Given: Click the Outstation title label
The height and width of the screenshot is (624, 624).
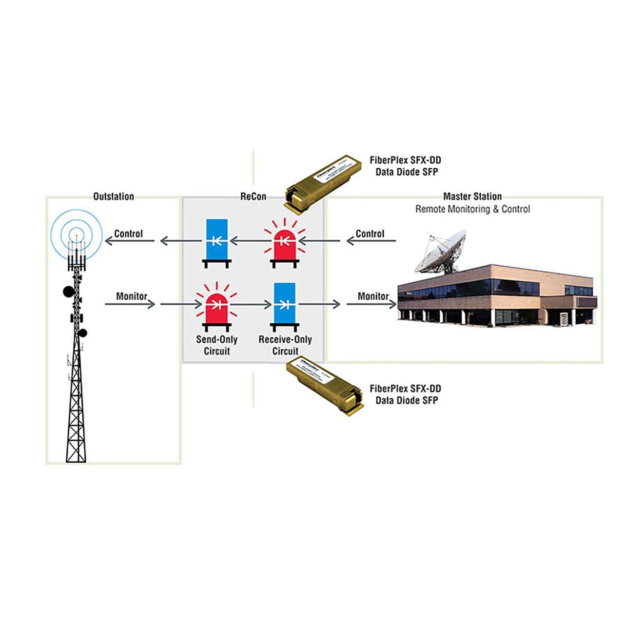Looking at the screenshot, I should [114, 196].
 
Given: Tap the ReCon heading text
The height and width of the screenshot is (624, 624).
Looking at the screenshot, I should [253, 196].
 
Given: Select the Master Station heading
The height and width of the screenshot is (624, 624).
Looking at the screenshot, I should [472, 196].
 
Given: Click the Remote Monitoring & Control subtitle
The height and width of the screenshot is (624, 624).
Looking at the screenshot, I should [472, 209].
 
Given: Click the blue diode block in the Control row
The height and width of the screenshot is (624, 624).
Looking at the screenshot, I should [217, 240].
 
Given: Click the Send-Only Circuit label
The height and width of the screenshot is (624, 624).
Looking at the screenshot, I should [216, 345].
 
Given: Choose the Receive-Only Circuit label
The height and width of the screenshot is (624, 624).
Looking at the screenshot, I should [285, 345].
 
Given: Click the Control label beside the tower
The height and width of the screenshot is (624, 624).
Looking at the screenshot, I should [128, 234].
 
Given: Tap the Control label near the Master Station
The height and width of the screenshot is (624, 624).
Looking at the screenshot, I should [370, 234].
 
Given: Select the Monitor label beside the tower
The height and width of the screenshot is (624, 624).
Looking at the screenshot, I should [131, 296].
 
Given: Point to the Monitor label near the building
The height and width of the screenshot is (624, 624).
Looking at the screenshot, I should [373, 296].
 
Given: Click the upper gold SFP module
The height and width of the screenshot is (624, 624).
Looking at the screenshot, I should [323, 183].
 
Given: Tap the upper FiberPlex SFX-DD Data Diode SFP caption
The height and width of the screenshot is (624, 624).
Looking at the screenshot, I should [406, 166].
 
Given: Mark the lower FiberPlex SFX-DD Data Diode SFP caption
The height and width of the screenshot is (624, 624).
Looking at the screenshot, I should [406, 394].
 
